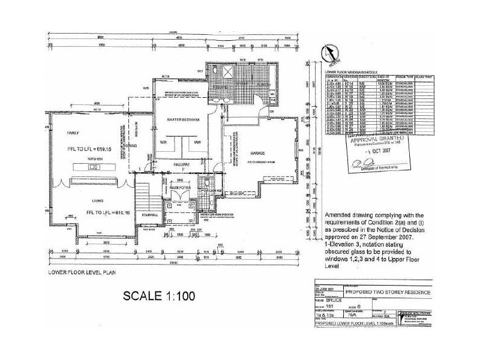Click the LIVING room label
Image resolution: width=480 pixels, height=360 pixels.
[x=92, y=199]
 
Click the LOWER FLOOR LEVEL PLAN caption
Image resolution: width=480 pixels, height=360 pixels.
[x=78, y=272]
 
